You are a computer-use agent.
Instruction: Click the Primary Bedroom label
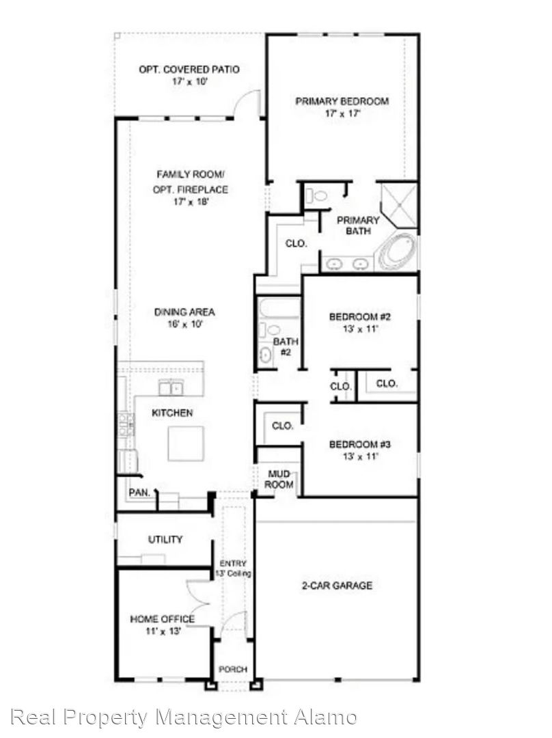tap(342, 101)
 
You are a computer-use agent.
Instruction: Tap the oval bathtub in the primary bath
tap(398, 252)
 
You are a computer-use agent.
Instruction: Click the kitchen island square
tap(186, 443)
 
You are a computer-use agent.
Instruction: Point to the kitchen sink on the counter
tap(171, 388)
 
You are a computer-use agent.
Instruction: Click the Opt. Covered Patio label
tap(189, 69)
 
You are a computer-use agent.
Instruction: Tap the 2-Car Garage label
tap(337, 586)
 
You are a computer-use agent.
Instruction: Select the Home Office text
tap(163, 619)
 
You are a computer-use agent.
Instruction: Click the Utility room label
tap(165, 539)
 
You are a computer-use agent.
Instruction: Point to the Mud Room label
tap(279, 479)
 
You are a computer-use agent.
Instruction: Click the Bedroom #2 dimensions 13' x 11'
tap(361, 329)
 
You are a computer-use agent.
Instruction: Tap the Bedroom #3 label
tap(360, 444)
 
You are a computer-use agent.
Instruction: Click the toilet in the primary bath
tap(316, 195)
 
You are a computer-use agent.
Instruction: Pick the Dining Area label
tap(184, 312)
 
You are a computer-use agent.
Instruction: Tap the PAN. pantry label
tap(140, 493)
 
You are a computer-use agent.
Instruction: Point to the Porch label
tap(233, 669)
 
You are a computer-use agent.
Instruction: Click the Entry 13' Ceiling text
tap(233, 569)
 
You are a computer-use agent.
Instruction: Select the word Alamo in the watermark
tap(325, 717)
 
